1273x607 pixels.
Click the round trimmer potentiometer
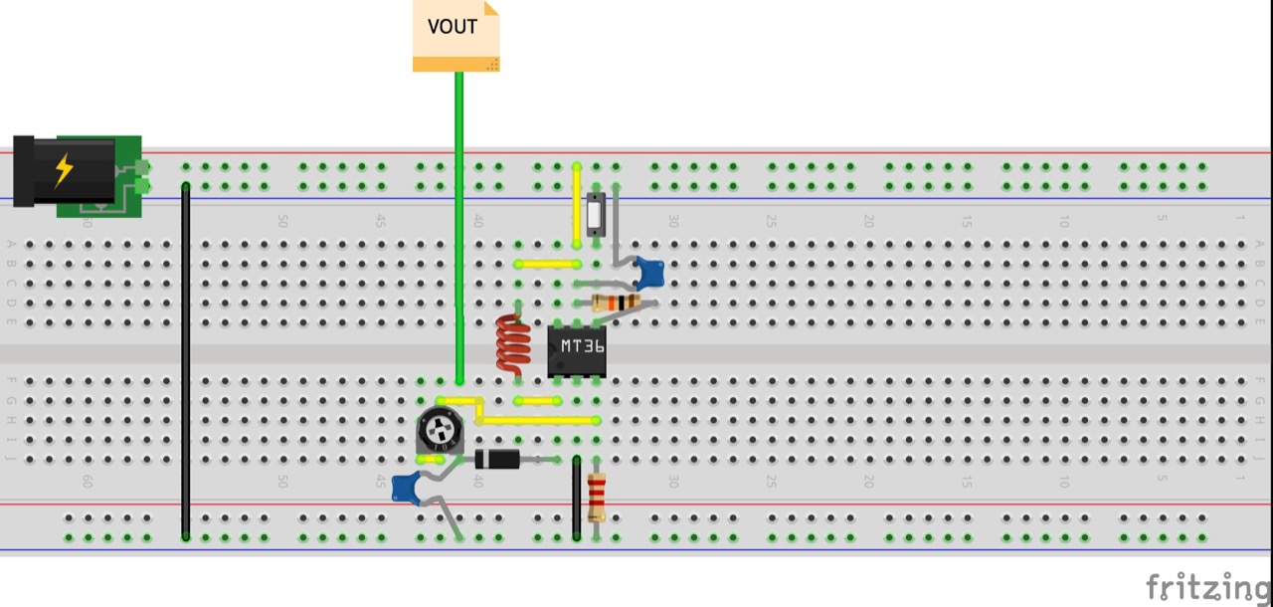439,431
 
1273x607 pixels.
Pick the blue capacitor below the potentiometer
406,489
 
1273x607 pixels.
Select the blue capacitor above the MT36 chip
649,272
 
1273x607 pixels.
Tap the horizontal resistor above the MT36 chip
616,302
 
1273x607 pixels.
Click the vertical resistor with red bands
597,497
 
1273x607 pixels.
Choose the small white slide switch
596,214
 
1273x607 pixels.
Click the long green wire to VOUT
458,229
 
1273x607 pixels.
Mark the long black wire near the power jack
185,358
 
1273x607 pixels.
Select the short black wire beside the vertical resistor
576,498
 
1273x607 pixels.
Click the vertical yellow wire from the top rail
577,205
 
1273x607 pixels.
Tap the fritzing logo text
1207,586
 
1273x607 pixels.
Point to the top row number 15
965,222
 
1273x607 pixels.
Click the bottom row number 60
87,481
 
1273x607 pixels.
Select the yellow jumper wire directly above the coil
547,265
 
